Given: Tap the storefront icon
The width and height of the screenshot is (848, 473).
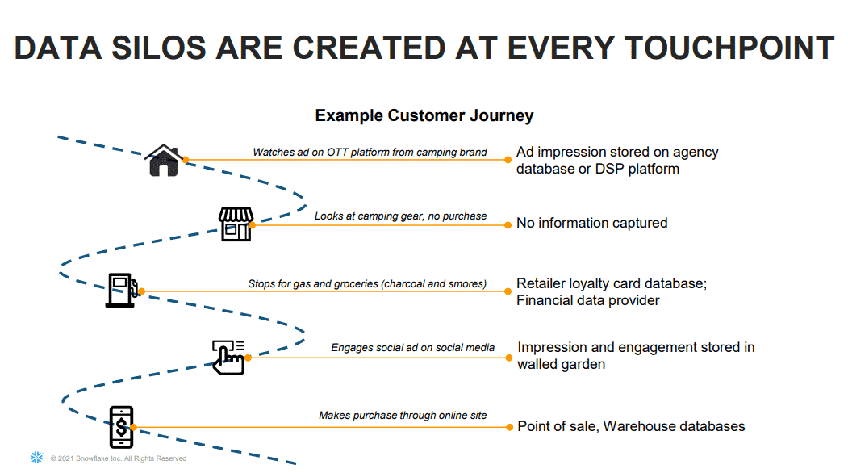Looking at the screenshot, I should pyautogui.click(x=236, y=224).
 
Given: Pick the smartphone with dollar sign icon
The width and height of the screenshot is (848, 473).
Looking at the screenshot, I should pyautogui.click(x=121, y=426).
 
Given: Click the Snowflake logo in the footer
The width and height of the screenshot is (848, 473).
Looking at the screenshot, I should pyautogui.click(x=36, y=458).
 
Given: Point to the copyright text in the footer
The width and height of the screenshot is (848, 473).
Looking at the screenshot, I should pyautogui.click(x=118, y=458).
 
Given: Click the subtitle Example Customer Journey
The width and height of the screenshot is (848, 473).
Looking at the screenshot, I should pyautogui.click(x=424, y=115).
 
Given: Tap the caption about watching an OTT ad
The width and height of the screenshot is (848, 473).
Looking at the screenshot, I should pyautogui.click(x=370, y=152).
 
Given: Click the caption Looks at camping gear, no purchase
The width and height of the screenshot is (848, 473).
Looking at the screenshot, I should pyautogui.click(x=400, y=216).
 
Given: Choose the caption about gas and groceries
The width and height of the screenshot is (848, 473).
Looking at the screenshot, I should pyautogui.click(x=367, y=283).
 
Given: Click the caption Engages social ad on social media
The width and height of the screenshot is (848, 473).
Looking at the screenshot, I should pyautogui.click(x=412, y=347).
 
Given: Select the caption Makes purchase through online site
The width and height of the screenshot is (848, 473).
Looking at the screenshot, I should pyautogui.click(x=403, y=415).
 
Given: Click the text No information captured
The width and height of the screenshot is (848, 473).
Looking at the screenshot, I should pyautogui.click(x=591, y=223).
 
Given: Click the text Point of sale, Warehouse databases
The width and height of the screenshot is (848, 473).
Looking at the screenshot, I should pyautogui.click(x=631, y=426).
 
